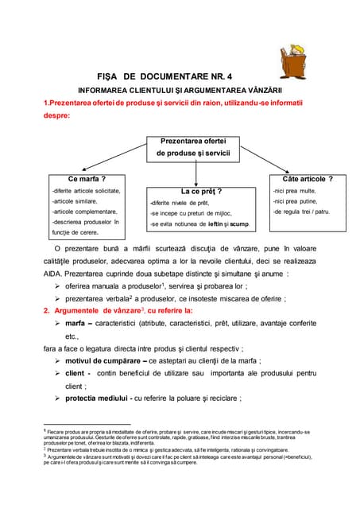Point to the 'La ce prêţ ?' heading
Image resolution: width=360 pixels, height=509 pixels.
pyautogui.click(x=201, y=192)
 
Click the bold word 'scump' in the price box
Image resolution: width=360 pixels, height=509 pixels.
pyautogui.click(x=238, y=225)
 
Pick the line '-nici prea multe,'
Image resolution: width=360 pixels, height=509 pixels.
pyautogui.click(x=295, y=191)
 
